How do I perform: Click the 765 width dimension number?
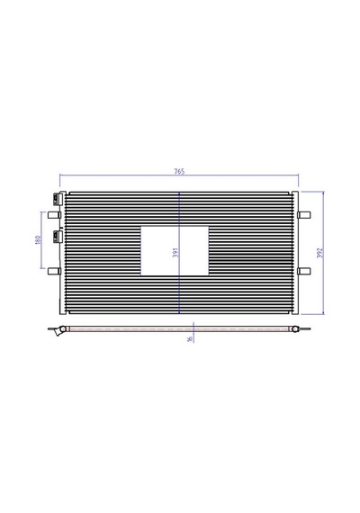[179, 171]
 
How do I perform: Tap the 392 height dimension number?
[320, 253]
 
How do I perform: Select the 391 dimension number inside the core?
[175, 252]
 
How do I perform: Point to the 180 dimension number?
[38, 239]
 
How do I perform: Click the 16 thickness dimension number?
[190, 338]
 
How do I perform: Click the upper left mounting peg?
[54, 215]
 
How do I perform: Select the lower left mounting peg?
[54, 271]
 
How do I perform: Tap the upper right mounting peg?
[304, 215]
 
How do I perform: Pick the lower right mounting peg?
[304, 271]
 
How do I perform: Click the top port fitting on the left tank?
[58, 199]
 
